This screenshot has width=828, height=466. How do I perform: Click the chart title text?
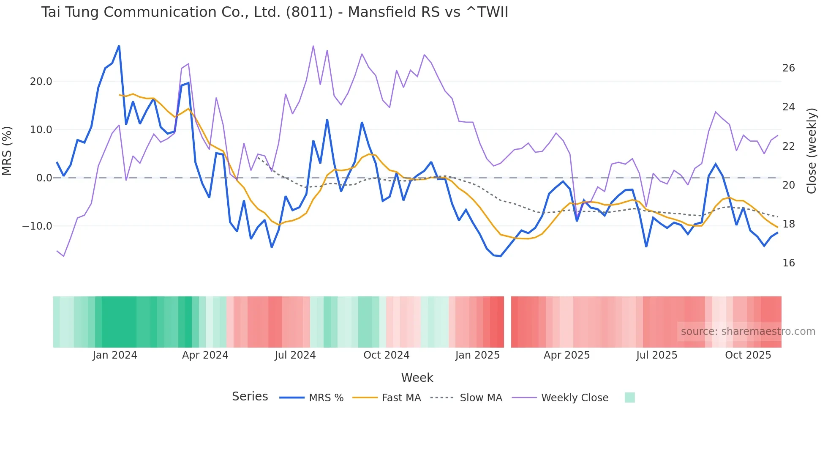point(275,12)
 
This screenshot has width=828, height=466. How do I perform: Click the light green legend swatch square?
point(629,397)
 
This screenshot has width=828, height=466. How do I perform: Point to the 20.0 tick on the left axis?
point(41,82)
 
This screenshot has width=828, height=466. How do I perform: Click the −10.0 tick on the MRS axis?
point(37,226)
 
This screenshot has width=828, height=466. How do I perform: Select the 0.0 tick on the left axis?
point(44,178)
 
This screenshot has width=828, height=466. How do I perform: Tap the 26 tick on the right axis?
point(788,68)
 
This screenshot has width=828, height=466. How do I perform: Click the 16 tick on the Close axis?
point(788,263)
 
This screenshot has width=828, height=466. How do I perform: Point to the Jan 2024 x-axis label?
point(115,355)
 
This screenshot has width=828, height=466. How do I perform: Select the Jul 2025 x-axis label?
point(656,355)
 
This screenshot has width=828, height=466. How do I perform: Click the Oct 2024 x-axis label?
point(386,355)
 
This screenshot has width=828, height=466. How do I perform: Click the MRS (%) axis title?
point(7,151)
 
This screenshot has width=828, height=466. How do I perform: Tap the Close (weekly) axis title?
point(811,151)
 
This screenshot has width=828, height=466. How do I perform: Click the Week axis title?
point(417,378)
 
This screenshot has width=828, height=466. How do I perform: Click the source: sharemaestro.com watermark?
point(748,332)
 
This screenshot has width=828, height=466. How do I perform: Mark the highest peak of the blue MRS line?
point(119,46)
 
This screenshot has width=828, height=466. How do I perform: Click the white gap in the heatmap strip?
point(507,322)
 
